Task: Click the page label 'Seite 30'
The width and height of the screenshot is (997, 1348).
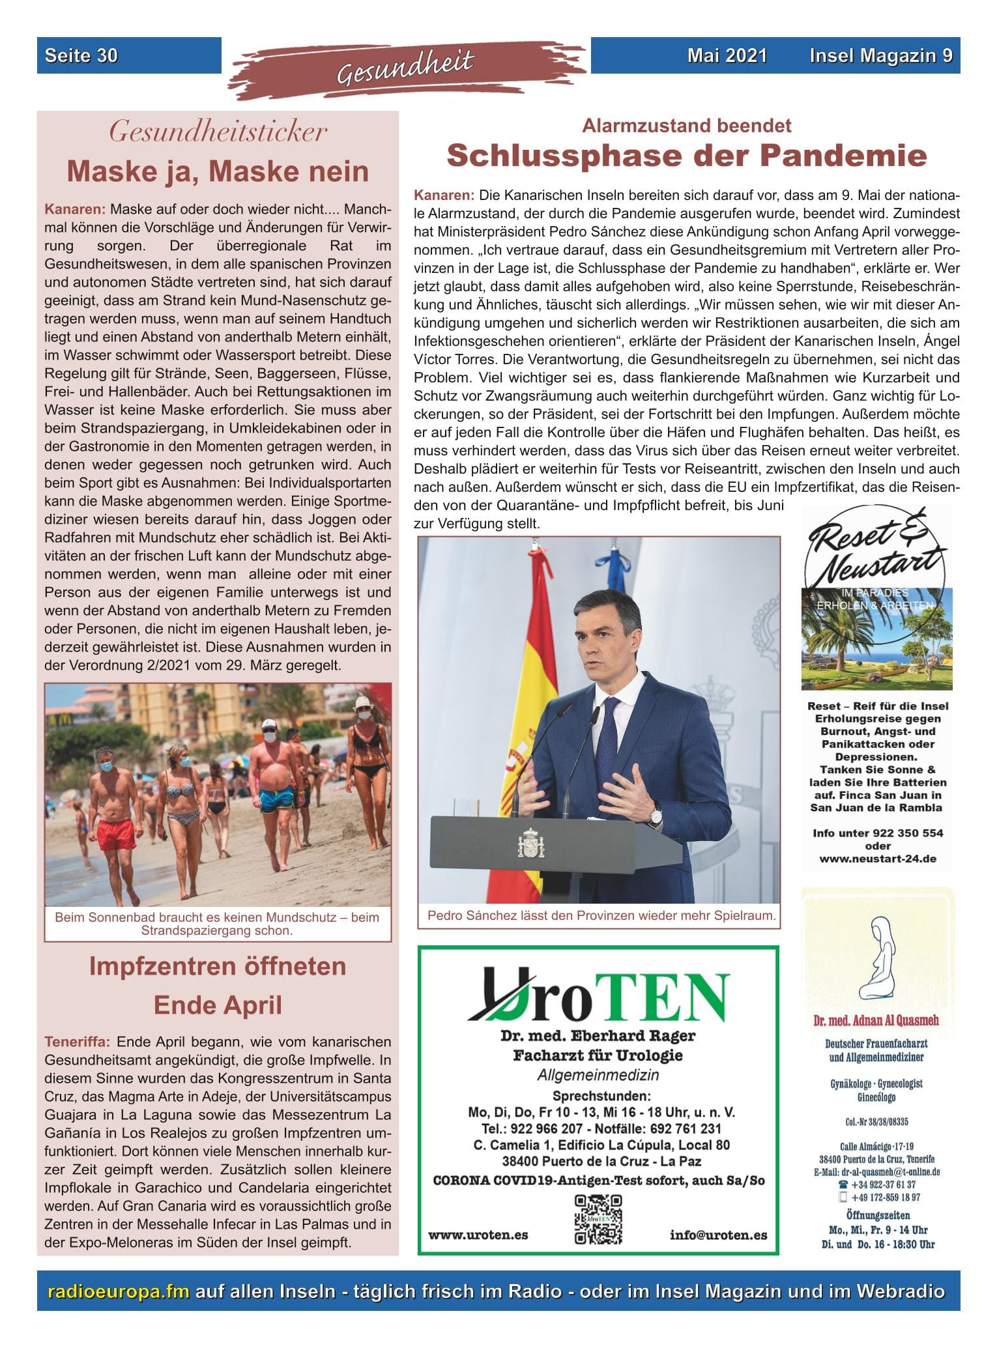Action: (81, 56)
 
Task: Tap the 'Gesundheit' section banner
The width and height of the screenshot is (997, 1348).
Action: (405, 68)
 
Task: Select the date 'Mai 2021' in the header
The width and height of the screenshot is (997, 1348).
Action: (727, 56)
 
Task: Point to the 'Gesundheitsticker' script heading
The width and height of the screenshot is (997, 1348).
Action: (218, 133)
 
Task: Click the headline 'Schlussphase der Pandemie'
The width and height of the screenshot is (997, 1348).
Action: (686, 156)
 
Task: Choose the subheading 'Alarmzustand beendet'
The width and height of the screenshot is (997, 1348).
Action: (686, 125)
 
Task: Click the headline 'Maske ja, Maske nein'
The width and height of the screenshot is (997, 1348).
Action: (218, 172)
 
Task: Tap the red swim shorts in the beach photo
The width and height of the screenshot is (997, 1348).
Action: (117, 835)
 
